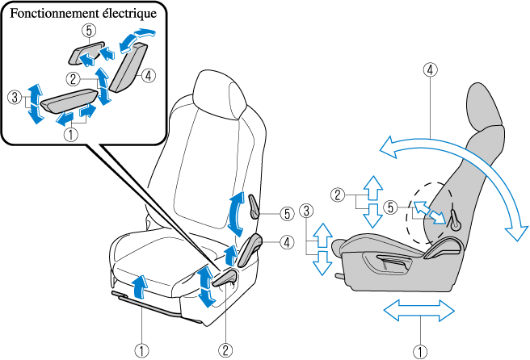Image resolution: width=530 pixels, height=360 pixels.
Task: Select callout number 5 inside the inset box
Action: coord(88,30)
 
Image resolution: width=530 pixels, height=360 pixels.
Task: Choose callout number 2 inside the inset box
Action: coord(73,79)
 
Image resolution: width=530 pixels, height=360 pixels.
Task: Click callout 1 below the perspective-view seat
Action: coord(141,350)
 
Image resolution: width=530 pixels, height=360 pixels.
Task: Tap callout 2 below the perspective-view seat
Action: coord(225,350)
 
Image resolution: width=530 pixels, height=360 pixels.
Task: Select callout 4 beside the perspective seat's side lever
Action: coord(287,241)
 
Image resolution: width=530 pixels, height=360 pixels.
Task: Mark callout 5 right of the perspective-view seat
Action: coord(287,214)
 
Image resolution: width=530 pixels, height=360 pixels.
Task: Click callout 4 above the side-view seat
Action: coord(430,69)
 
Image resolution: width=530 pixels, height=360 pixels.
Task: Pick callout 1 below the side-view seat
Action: coord(419,350)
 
